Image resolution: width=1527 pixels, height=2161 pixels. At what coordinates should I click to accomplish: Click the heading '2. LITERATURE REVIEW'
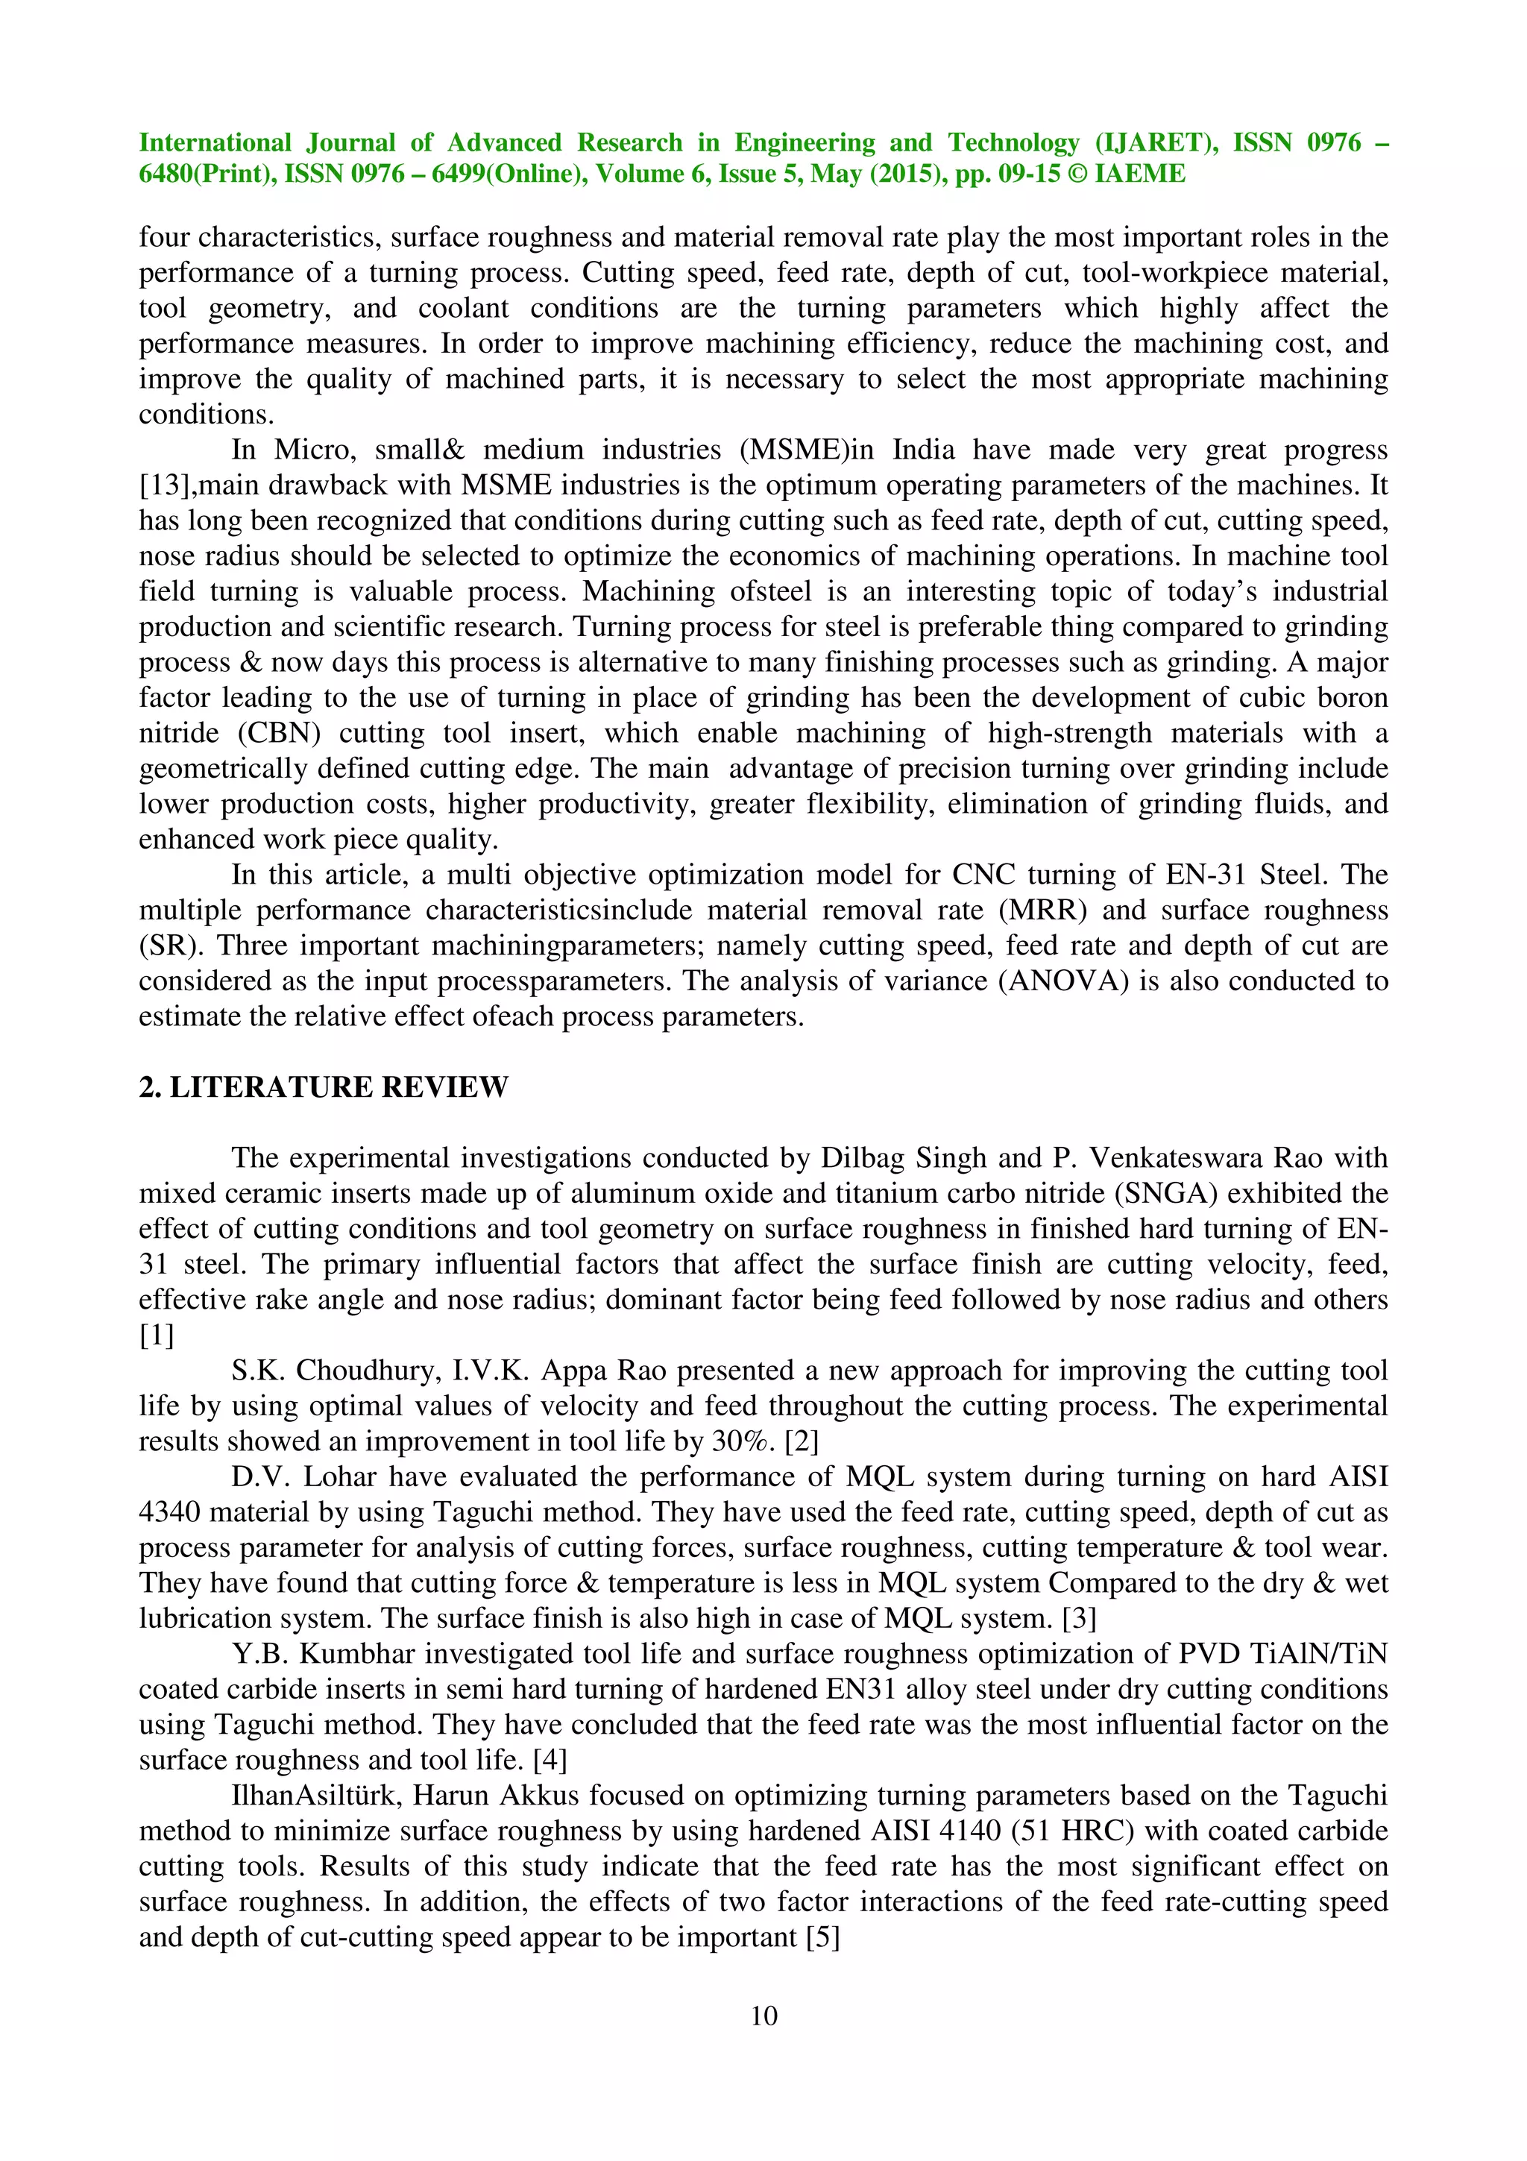pos(323,1087)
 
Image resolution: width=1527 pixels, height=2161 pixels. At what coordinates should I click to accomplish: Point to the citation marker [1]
pos(156,1336)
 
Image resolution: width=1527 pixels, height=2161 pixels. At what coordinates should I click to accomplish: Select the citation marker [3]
pos(1078,1619)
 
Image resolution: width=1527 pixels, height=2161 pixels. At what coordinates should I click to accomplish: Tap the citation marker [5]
pos(823,1937)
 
